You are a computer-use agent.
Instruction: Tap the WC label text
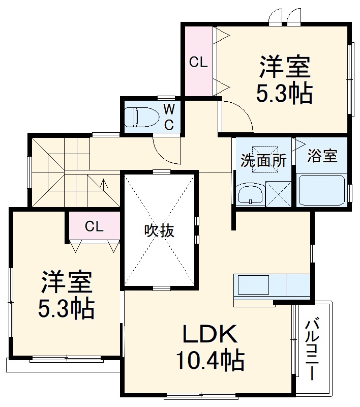(169, 117)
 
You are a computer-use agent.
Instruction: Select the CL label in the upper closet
(198, 63)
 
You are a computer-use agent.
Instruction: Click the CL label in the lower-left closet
(94, 226)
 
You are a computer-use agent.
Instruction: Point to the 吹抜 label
(160, 231)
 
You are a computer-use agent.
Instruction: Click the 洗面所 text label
(263, 161)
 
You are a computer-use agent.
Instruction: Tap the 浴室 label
(322, 156)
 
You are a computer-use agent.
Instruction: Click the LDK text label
(209, 335)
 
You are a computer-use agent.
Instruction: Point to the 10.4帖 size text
(209, 361)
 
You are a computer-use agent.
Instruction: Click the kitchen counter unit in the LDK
(272, 286)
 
